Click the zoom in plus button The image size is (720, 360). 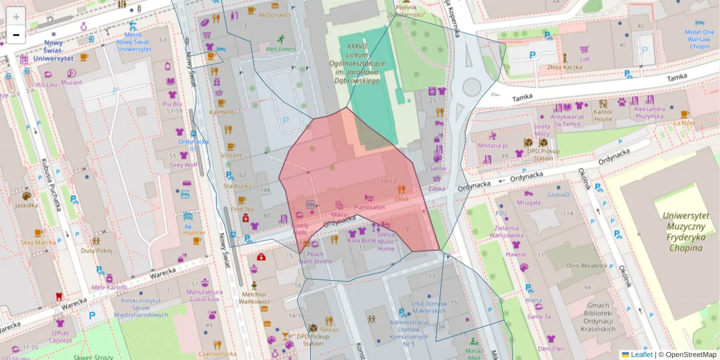tap(16, 17)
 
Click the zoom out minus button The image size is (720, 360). tap(16, 35)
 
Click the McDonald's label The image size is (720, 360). tap(275, 14)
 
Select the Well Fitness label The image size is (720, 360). tap(281, 49)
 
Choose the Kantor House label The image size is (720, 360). tap(602, 116)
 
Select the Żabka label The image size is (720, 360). tap(438, 188)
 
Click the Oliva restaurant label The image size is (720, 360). tap(401, 198)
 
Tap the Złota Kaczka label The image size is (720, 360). tap(564, 67)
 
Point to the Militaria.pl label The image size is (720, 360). tap(493, 145)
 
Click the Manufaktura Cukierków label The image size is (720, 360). tap(204, 295)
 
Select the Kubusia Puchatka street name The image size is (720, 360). tap(52, 186)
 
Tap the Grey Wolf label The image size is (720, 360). tap(183, 165)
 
